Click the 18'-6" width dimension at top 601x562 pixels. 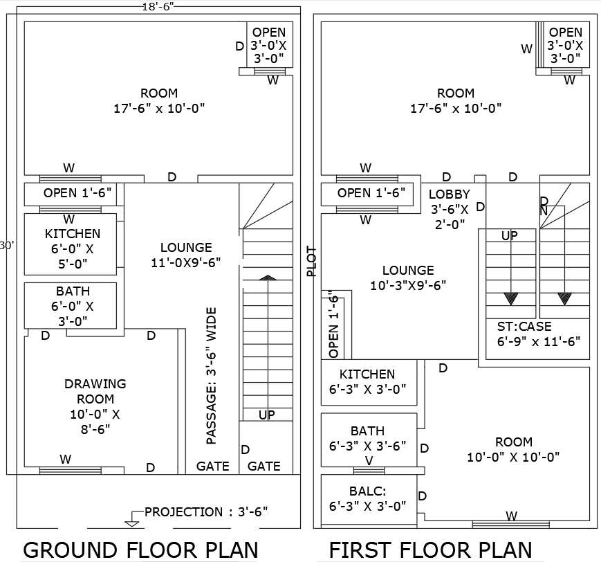[x=158, y=6]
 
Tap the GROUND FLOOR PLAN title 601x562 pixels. [x=140, y=550]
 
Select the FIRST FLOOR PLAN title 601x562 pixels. [x=430, y=550]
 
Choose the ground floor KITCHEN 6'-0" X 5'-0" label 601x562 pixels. [x=72, y=248]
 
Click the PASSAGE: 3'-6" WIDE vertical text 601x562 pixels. [x=212, y=375]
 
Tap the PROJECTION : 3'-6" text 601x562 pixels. [x=206, y=512]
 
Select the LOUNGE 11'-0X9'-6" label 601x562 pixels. [x=186, y=255]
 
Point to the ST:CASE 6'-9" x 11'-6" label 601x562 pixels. [x=538, y=334]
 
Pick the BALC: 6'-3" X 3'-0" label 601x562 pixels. [x=368, y=498]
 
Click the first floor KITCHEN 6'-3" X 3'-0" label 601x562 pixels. [x=368, y=381]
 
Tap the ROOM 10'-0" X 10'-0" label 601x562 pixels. [x=513, y=449]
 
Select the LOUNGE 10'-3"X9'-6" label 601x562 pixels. [x=408, y=278]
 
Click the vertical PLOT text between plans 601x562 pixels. [x=311, y=262]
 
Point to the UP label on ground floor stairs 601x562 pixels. [x=267, y=415]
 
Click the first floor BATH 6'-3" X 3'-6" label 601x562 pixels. [x=368, y=439]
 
